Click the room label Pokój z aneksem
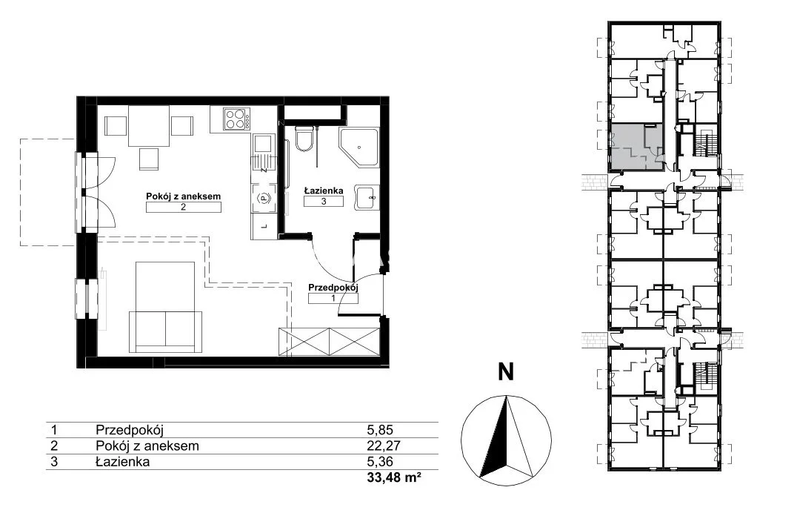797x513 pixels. (x=183, y=196)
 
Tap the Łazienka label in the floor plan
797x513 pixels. (x=323, y=191)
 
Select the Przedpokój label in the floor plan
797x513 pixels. (x=333, y=288)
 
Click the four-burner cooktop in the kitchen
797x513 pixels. (x=237, y=119)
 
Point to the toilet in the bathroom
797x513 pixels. (x=305, y=139)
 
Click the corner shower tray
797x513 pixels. (x=359, y=147)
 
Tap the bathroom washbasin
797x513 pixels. (x=366, y=197)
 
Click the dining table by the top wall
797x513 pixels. (x=148, y=126)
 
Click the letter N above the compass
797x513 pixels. (x=505, y=372)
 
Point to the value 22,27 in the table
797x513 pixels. (x=384, y=446)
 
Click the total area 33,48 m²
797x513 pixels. (x=394, y=477)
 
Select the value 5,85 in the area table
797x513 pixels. (x=380, y=430)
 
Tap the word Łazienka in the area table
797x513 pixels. (x=122, y=462)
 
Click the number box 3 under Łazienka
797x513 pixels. (x=323, y=201)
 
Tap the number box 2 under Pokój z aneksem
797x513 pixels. (x=183, y=207)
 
